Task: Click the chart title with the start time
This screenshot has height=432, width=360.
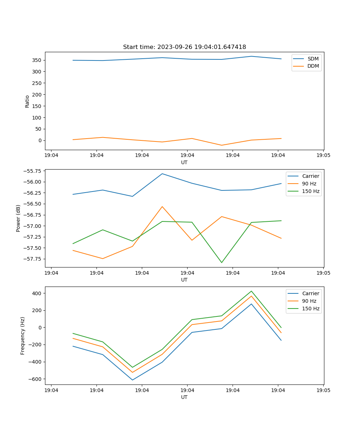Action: tap(184, 47)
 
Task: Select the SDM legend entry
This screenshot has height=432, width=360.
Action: tap(313, 59)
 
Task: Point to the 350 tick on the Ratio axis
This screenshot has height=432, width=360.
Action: tap(37, 60)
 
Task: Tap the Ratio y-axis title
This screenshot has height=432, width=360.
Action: tap(27, 101)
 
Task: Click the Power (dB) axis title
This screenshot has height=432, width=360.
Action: tap(18, 218)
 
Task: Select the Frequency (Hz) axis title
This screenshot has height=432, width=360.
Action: tap(23, 336)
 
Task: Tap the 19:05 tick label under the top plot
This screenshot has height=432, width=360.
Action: tap(323, 156)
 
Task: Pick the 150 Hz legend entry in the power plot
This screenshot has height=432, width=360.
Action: tap(311, 191)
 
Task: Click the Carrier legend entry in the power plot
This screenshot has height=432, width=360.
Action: tap(311, 176)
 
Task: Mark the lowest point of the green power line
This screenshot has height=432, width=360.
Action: tap(222, 262)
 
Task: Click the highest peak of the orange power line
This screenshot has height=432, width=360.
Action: tap(162, 207)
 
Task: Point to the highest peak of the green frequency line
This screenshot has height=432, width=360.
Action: tap(251, 291)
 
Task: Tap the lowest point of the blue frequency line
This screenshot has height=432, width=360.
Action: tap(132, 380)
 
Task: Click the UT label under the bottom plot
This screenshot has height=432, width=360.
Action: tap(184, 397)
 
